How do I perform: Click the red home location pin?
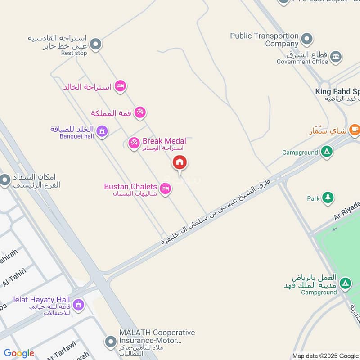[x=180, y=162]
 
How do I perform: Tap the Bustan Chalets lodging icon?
[x=165, y=189]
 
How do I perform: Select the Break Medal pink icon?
[x=133, y=144]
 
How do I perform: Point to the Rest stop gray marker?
[x=95, y=45]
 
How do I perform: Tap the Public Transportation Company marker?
[x=306, y=39]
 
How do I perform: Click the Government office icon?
[x=336, y=57]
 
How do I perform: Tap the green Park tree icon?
[x=328, y=198]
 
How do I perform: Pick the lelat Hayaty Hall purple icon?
[x=78, y=305]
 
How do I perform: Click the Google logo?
[x=19, y=353]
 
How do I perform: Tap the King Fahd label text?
[x=337, y=92]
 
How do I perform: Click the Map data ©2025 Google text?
[x=325, y=355]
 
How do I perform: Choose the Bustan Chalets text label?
[x=130, y=186]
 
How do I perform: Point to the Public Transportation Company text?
[x=264, y=40]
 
